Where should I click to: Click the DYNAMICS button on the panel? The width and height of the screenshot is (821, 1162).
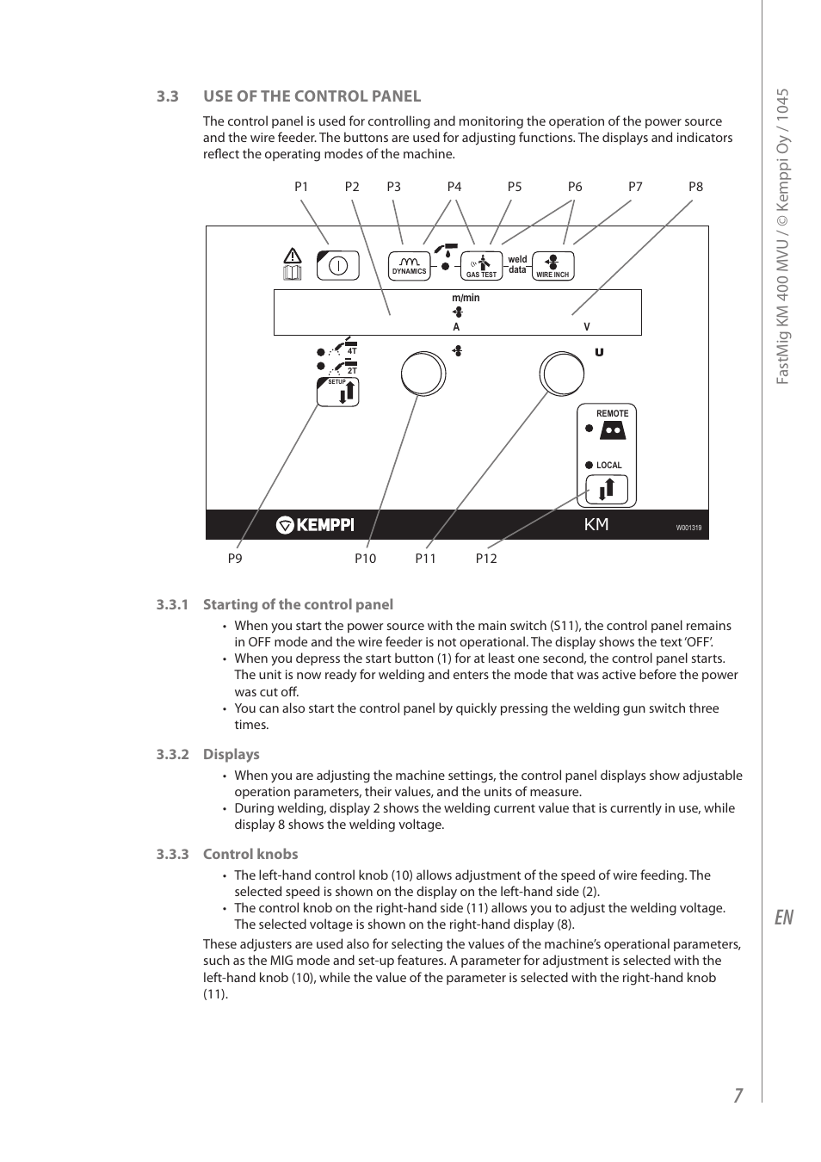pyautogui.click(x=410, y=266)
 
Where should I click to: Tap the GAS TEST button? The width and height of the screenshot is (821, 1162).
pyautogui.click(x=481, y=266)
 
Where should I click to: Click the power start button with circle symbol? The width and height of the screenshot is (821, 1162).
pyautogui.click(x=338, y=266)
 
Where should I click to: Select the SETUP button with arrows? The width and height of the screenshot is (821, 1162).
pyautogui.click(x=338, y=392)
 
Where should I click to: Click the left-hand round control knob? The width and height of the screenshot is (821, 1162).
pyautogui.click(x=423, y=374)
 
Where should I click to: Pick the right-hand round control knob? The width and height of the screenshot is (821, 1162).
pyautogui.click(x=561, y=374)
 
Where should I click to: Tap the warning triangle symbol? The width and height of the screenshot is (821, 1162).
pyautogui.click(x=293, y=256)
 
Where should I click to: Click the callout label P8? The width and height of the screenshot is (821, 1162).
pyautogui.click(x=695, y=187)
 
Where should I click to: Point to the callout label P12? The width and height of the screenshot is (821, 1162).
pyautogui.click(x=486, y=559)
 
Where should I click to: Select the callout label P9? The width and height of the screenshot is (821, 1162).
pyautogui.click(x=235, y=559)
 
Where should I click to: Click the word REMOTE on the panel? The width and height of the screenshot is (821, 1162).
pyautogui.click(x=612, y=414)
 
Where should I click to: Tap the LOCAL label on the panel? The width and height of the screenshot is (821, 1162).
pyautogui.click(x=608, y=466)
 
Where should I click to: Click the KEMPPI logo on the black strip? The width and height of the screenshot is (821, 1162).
pyautogui.click(x=315, y=525)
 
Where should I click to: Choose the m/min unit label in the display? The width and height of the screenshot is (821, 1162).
pyautogui.click(x=466, y=299)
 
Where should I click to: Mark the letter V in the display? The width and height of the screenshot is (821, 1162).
pyautogui.click(x=587, y=327)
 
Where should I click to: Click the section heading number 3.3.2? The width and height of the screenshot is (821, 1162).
pyautogui.click(x=172, y=755)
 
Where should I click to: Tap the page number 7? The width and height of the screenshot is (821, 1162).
pyautogui.click(x=738, y=1095)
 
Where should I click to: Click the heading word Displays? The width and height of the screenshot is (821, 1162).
pyautogui.click(x=231, y=755)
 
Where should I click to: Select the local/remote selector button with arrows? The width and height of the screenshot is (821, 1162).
pyautogui.click(x=607, y=490)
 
